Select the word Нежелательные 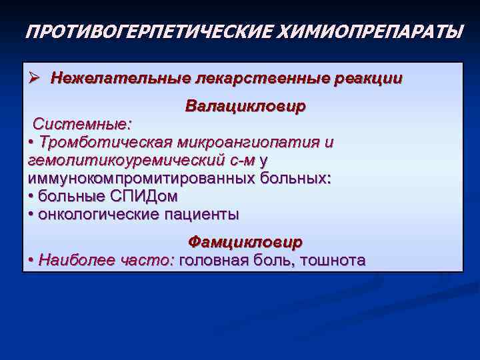coord(121,79)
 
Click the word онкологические coord(99,215)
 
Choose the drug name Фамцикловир coord(245,241)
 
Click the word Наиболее coord(71,260)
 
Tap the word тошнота coord(333,260)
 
